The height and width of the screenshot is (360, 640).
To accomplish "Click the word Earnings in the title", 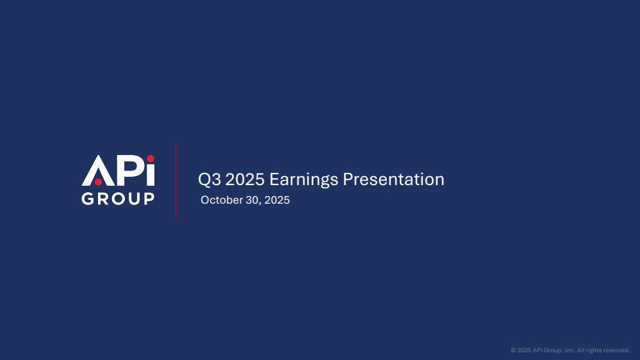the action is click(x=304, y=179).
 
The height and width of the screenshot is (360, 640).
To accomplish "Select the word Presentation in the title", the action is click(x=393, y=179).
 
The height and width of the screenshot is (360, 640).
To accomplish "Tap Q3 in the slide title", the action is click(x=209, y=179).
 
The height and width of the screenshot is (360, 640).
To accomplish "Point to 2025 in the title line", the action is click(x=245, y=179).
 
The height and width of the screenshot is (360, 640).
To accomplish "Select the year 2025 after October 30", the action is click(x=277, y=200).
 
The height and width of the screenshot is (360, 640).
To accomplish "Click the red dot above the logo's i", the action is click(x=151, y=158).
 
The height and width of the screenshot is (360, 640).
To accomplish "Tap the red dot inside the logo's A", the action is click(x=99, y=182).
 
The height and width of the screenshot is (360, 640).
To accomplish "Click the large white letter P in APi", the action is click(x=130, y=170).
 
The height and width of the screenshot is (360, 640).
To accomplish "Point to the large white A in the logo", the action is click(x=99, y=170).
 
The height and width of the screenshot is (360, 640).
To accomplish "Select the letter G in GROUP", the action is click(x=88, y=199).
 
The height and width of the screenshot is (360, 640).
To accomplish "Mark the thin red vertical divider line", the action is click(x=176, y=181).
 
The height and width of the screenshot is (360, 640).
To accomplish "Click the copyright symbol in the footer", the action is click(x=513, y=350).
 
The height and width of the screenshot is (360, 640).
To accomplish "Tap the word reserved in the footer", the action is click(x=616, y=350).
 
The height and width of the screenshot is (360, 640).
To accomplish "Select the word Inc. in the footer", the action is click(x=570, y=350).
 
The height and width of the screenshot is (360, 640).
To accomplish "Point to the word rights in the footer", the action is click(x=593, y=350).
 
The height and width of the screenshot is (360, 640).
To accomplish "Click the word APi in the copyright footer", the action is click(x=537, y=350).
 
